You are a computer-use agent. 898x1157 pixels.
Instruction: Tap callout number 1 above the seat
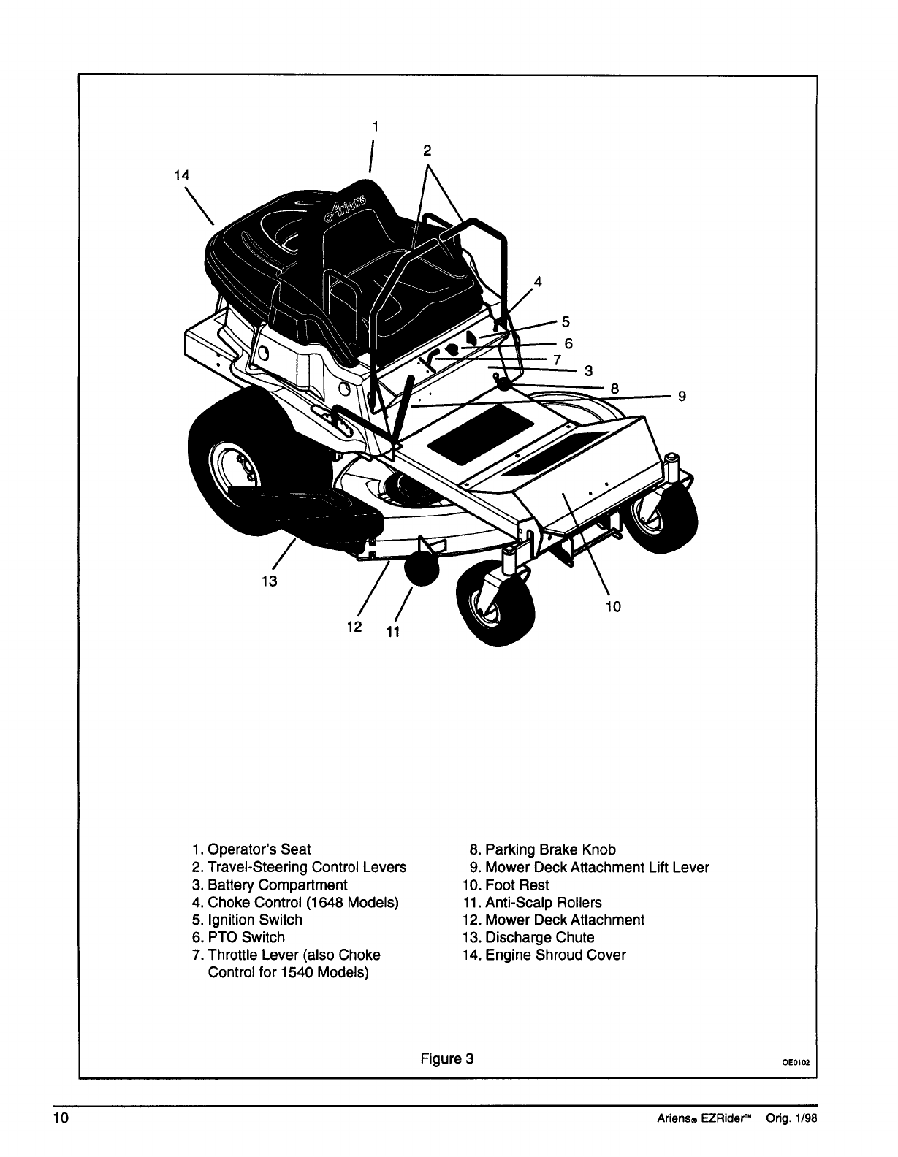click(x=374, y=126)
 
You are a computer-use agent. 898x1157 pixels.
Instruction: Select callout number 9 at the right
click(x=681, y=397)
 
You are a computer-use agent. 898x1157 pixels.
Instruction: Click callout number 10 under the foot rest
click(x=612, y=606)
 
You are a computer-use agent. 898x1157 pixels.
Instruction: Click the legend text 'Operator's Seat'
click(x=259, y=849)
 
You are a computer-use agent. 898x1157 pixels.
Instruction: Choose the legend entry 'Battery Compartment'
click(x=278, y=885)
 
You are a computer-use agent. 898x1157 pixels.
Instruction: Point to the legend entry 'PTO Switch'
click(x=246, y=937)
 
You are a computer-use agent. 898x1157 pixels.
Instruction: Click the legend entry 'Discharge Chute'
click(x=539, y=937)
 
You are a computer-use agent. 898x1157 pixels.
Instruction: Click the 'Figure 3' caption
click(x=447, y=1058)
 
